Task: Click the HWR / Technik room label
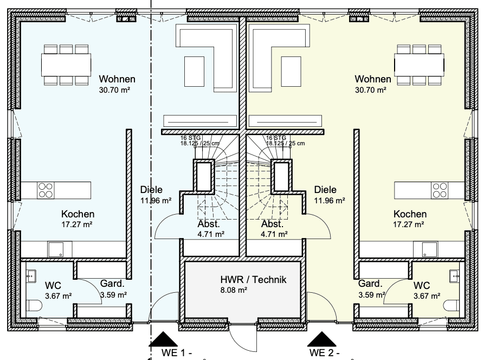253,280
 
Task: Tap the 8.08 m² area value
234,291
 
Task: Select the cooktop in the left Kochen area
46,190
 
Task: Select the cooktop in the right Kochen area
440,190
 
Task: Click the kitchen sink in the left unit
56,249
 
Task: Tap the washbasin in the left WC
30,275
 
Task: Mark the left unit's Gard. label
112,284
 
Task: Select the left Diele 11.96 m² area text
156,201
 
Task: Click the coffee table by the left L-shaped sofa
194,71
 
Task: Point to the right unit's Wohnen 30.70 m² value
370,90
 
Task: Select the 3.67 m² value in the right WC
427,296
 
